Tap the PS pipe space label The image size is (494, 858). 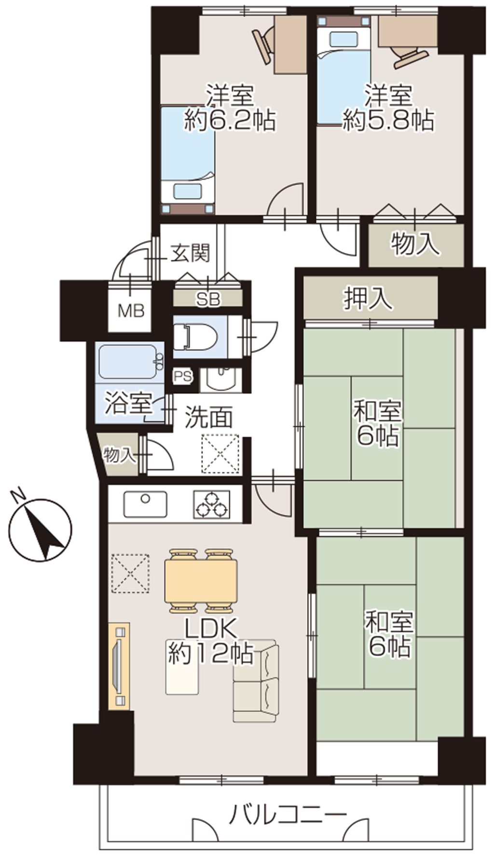(183, 377)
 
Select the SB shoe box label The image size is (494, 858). (208, 300)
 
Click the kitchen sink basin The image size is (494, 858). (145, 504)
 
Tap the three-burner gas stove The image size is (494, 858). (211, 505)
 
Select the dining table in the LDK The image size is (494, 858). (201, 581)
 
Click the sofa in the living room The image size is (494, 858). (256, 681)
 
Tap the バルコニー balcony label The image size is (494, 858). (288, 816)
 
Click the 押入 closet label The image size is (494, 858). (368, 299)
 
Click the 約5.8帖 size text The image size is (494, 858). (387, 120)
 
